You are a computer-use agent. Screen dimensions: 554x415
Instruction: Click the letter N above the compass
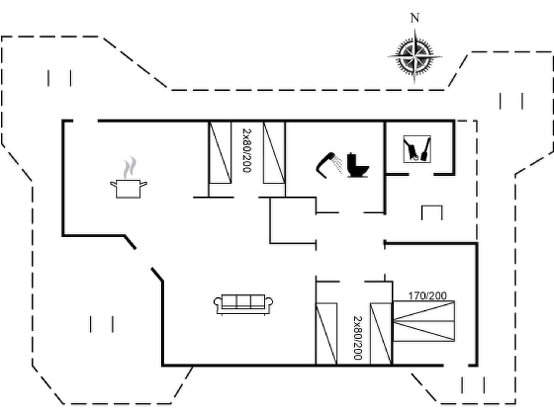tap(415, 18)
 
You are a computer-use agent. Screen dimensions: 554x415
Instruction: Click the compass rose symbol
tap(415, 57)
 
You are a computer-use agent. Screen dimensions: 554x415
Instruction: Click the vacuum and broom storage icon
tap(417, 149)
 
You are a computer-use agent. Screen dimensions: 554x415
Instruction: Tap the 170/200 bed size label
tap(427, 296)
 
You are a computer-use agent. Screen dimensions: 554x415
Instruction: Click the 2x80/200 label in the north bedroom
tap(247, 150)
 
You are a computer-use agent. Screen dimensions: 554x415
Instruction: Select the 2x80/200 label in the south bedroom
tap(358, 338)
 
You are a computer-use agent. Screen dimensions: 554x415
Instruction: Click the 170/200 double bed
tap(424, 321)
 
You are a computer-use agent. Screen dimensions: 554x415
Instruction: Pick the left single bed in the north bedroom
tap(220, 153)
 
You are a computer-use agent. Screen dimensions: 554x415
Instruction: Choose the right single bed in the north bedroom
tap(274, 153)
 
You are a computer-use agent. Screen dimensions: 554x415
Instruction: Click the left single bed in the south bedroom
tap(327, 334)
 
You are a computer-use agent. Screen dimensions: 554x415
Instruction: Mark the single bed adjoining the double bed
tap(381, 334)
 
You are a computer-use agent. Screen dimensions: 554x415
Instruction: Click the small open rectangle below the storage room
tap(432, 213)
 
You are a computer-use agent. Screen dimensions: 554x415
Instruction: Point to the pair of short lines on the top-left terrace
tap(60, 78)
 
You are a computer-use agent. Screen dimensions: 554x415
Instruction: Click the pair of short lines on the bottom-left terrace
tap(102, 324)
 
